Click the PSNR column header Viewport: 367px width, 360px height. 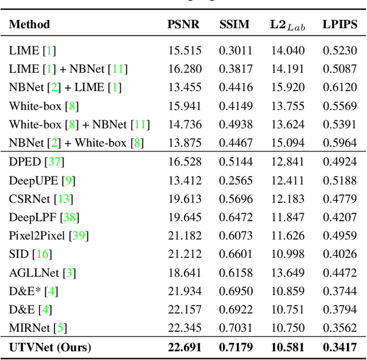click(184, 24)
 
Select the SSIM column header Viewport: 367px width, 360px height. click(235, 24)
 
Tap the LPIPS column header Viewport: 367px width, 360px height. click(339, 24)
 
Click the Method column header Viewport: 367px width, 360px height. click(29, 24)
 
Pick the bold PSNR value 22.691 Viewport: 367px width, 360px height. click(184, 347)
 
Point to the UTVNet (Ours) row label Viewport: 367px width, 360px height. click(50, 347)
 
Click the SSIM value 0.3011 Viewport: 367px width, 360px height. click(235, 50)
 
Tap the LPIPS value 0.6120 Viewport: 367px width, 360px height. click(339, 88)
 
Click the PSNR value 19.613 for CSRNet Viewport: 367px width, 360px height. click(185, 199)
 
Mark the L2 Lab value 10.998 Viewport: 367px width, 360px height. click(287, 254)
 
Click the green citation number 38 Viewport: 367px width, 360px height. click(71, 217)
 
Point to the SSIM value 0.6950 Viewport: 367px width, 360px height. click(235, 291)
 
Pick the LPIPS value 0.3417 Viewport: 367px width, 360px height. click(339, 347)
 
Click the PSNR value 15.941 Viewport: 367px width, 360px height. click(185, 106)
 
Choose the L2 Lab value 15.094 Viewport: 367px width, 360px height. click(287, 143)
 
